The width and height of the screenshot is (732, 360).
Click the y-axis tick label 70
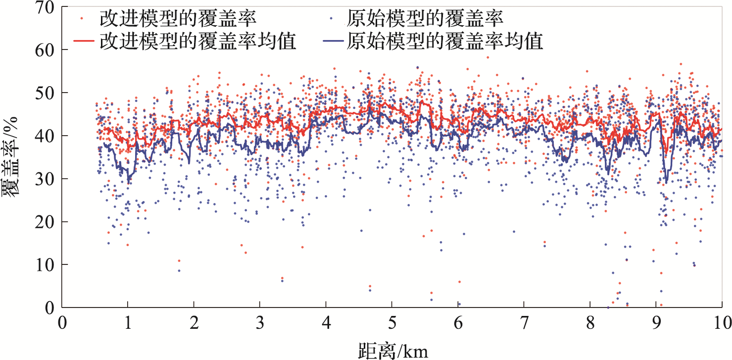tap(46, 7)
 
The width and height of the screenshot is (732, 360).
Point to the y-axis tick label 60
tap(46, 50)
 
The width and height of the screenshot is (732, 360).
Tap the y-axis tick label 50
tap(46, 93)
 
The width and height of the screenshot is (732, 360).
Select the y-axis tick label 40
tap(46, 136)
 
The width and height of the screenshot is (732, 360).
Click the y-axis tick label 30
tap(46, 179)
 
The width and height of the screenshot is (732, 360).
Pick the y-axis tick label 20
tap(46, 222)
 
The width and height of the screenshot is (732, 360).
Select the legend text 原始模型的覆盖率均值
tap(445, 41)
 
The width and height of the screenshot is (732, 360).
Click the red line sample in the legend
tap(84, 41)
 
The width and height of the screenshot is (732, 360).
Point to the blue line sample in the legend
tap(332, 41)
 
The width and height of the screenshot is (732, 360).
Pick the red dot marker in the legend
tap(82, 18)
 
